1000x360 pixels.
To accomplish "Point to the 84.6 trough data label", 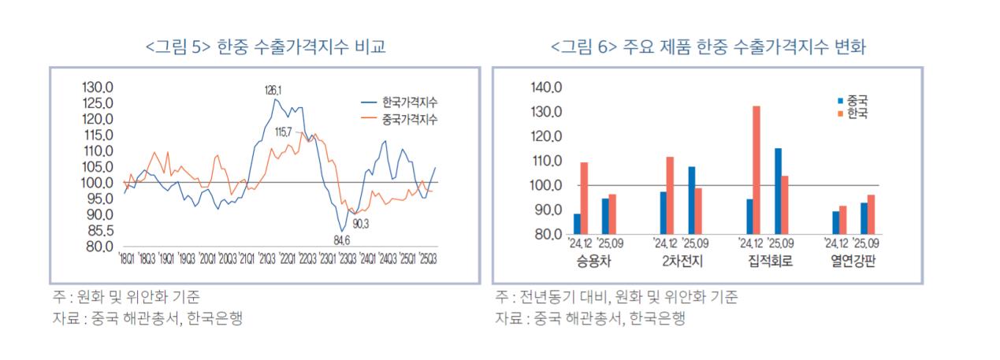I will click(x=342, y=239).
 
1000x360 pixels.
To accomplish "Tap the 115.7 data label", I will click(x=283, y=131).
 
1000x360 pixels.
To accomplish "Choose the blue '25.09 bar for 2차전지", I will click(x=692, y=200).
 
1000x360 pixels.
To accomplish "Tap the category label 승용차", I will click(x=593, y=259).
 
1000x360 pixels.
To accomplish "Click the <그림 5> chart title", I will click(x=266, y=48).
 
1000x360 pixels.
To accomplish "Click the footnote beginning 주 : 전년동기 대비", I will click(x=617, y=297).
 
